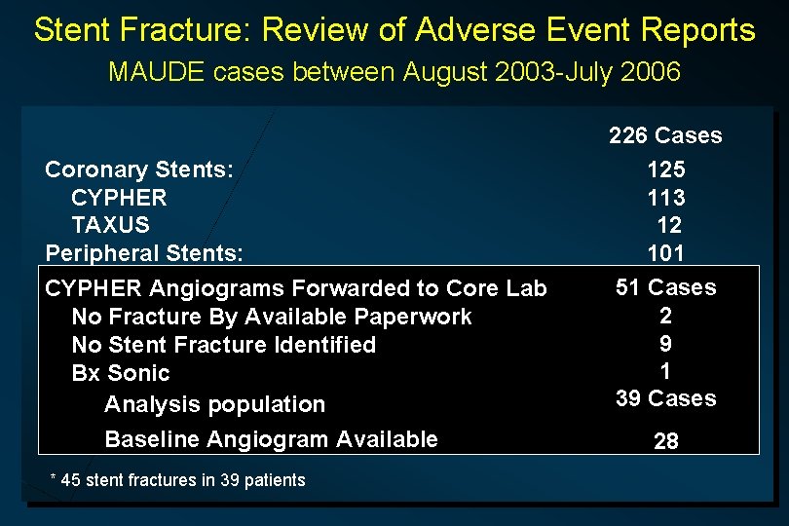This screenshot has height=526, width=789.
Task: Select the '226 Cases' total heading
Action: (x=665, y=135)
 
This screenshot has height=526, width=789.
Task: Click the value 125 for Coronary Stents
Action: (x=666, y=169)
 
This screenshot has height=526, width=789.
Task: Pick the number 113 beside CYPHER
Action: (x=666, y=198)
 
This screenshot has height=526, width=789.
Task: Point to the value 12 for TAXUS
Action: (x=669, y=225)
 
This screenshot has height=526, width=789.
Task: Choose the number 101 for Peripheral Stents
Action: (x=666, y=253)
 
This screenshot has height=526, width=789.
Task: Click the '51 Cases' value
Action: (x=665, y=287)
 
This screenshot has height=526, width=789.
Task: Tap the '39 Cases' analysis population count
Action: (x=665, y=398)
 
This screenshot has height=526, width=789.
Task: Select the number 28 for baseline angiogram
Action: (x=666, y=441)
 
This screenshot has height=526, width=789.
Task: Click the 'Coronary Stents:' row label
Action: (x=139, y=169)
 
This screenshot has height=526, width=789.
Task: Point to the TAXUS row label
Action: (x=110, y=225)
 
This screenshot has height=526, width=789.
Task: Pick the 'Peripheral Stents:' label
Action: (x=144, y=253)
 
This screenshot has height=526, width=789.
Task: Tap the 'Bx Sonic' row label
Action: (x=121, y=373)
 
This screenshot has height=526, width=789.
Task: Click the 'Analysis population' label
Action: (x=214, y=404)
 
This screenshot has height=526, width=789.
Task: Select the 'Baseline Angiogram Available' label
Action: (x=271, y=439)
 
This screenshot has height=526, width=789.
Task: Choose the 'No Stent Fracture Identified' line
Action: (x=223, y=345)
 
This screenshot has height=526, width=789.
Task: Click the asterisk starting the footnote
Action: (x=53, y=477)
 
